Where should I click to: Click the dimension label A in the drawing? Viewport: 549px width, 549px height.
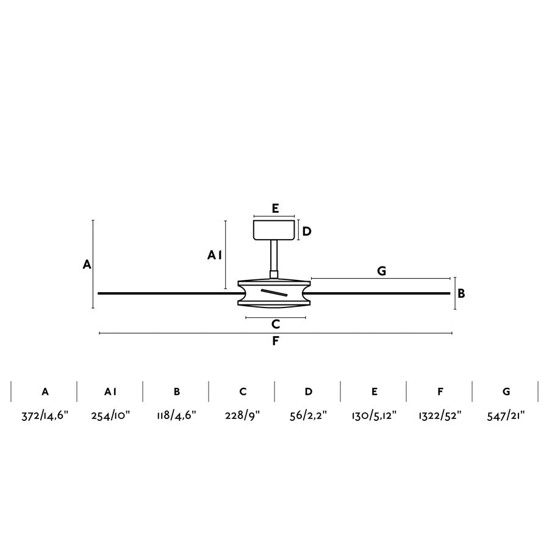[87, 264]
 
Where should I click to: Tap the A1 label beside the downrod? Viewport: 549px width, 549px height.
[214, 256]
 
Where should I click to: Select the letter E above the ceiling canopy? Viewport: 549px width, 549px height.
[275, 209]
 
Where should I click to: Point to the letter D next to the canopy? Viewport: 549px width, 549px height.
[307, 231]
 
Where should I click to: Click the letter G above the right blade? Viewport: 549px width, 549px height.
[381, 271]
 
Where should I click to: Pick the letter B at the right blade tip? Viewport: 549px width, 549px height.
[462, 293]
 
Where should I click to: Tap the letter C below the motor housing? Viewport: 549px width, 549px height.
[276, 324]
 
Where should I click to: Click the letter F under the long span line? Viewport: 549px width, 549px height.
[275, 341]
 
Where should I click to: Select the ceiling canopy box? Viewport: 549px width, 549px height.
[274, 230]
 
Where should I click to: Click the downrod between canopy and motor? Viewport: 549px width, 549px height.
[274, 256]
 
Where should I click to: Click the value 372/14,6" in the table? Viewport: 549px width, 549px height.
[45, 417]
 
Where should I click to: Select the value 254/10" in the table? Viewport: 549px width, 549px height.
[110, 417]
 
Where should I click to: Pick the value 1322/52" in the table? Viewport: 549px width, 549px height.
[440, 417]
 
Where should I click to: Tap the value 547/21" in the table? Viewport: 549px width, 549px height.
[506, 417]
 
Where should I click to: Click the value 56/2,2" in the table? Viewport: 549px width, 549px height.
[308, 417]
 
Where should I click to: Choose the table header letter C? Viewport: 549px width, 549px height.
[243, 392]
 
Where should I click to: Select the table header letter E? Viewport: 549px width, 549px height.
[374, 392]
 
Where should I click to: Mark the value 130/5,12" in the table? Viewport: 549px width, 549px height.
[374, 417]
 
